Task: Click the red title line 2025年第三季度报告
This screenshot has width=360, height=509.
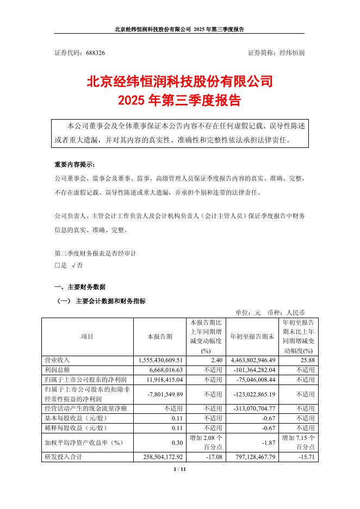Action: [179, 101]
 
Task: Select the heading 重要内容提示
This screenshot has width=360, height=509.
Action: [75, 164]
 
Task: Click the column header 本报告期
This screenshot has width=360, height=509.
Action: [160, 337]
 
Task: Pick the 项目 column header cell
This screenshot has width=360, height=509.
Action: [87, 337]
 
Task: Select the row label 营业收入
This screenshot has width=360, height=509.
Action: [57, 360]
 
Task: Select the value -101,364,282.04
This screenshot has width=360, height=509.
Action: [255, 369]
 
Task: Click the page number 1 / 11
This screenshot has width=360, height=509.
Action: [179, 469]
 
